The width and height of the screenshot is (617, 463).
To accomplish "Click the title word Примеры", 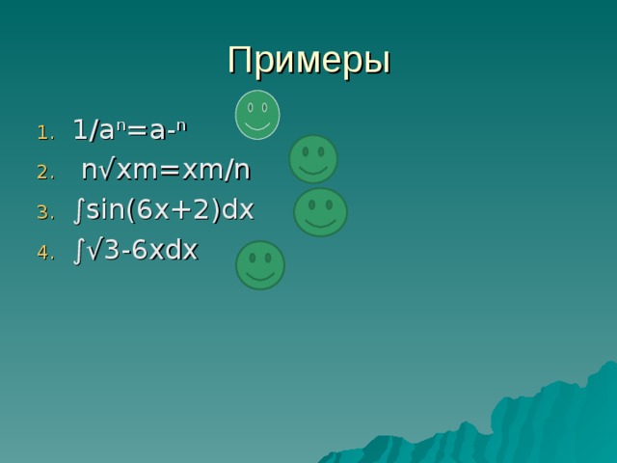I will click(x=308, y=60).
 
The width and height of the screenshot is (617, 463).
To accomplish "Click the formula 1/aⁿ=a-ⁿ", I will click(x=130, y=130).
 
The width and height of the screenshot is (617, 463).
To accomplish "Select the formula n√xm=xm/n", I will click(x=166, y=171).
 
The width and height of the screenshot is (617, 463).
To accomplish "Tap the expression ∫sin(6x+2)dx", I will click(x=163, y=210).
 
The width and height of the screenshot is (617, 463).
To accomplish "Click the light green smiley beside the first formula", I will click(x=257, y=114).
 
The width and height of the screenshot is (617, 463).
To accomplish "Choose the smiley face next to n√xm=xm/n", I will click(x=313, y=159).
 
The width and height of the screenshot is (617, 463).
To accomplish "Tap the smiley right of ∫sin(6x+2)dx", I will click(x=320, y=212).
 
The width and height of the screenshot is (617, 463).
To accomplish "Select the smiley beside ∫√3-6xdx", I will click(x=260, y=265).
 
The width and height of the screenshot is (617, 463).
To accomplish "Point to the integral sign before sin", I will click(x=77, y=210).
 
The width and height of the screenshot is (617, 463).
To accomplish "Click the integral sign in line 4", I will click(x=77, y=251).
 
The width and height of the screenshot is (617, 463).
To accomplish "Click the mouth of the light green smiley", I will click(x=257, y=125).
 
